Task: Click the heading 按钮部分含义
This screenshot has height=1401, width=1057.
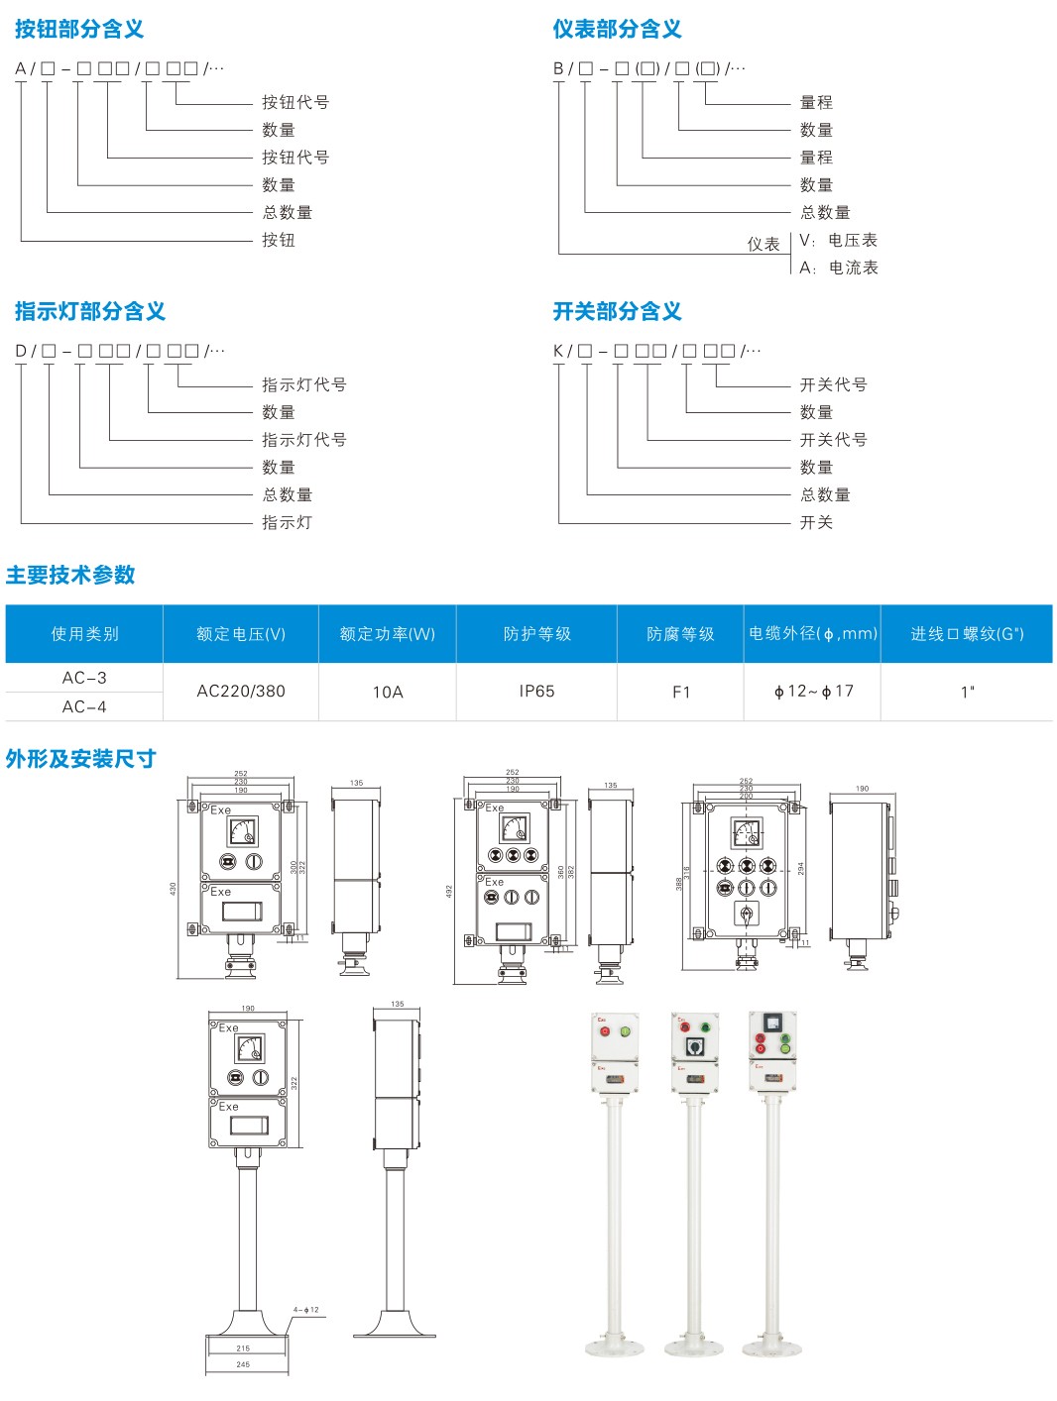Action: [x=79, y=30]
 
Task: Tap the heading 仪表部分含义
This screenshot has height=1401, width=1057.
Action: [x=617, y=30]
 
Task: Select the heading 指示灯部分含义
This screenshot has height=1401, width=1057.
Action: [x=90, y=311]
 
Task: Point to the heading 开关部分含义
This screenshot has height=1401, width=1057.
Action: [x=617, y=311]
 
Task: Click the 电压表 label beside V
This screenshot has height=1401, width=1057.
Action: [x=852, y=240]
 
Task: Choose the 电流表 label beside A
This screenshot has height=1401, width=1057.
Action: [x=853, y=268]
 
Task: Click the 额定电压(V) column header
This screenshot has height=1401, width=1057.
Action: [x=241, y=634]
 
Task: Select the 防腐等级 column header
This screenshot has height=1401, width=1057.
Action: [x=680, y=634]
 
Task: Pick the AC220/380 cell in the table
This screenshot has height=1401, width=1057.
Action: [x=241, y=692]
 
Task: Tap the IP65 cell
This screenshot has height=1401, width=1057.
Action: [x=536, y=692]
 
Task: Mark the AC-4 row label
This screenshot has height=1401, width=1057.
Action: [x=84, y=706]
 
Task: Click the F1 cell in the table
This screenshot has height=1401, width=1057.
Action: [x=680, y=692]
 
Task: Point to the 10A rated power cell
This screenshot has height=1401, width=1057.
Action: [x=388, y=692]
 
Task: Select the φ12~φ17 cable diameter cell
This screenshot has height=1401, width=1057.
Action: [x=813, y=692]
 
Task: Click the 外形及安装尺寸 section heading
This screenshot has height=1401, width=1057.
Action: [x=81, y=759]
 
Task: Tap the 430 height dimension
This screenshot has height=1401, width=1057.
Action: [x=173, y=889]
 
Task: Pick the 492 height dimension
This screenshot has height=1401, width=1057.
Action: [x=448, y=891]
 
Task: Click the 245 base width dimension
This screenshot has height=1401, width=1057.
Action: [x=243, y=1364]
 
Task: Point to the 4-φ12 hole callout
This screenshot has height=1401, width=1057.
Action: [x=306, y=1310]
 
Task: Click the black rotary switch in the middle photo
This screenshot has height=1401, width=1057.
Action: [x=695, y=1046]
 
